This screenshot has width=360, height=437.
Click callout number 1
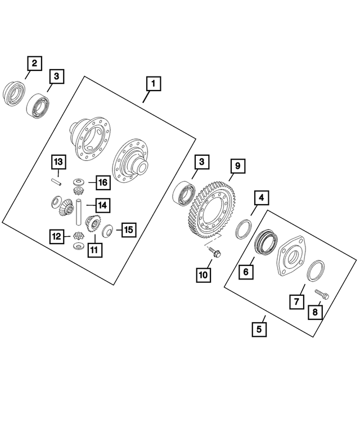coord(152,84)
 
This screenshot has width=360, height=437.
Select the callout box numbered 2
coord(34,64)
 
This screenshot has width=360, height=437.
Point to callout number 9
coord(237,166)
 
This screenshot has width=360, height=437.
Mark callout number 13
coord(58,163)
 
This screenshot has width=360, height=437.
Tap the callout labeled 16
coord(101,182)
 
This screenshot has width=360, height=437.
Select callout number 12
coord(56,237)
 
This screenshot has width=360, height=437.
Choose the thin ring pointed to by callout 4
coord(244,229)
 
